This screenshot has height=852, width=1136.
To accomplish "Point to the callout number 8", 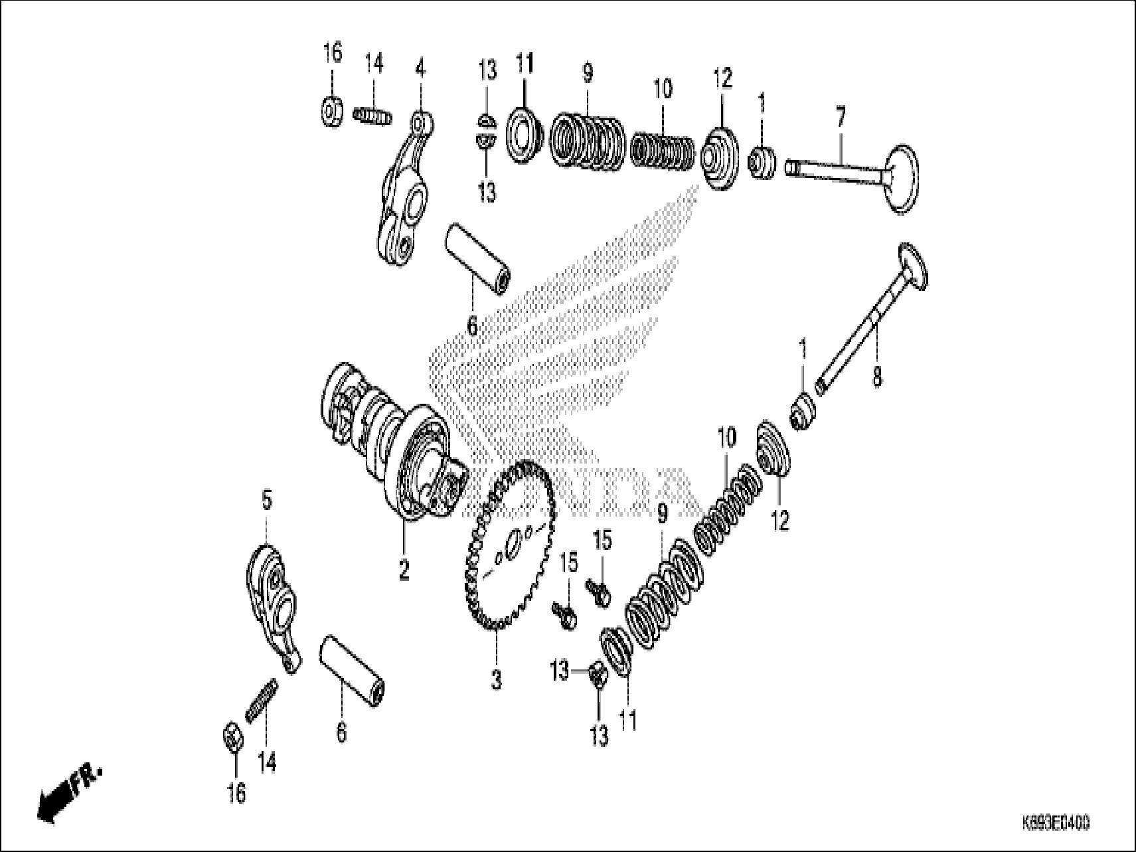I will pos(877,377).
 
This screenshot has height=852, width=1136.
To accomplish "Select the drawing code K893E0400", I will pos(1056,824).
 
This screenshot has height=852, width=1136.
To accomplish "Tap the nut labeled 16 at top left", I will pos(331,110).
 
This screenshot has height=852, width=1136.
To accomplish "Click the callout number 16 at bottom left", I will pos(236,792).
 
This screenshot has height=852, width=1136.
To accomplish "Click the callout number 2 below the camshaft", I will pos(404,569).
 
